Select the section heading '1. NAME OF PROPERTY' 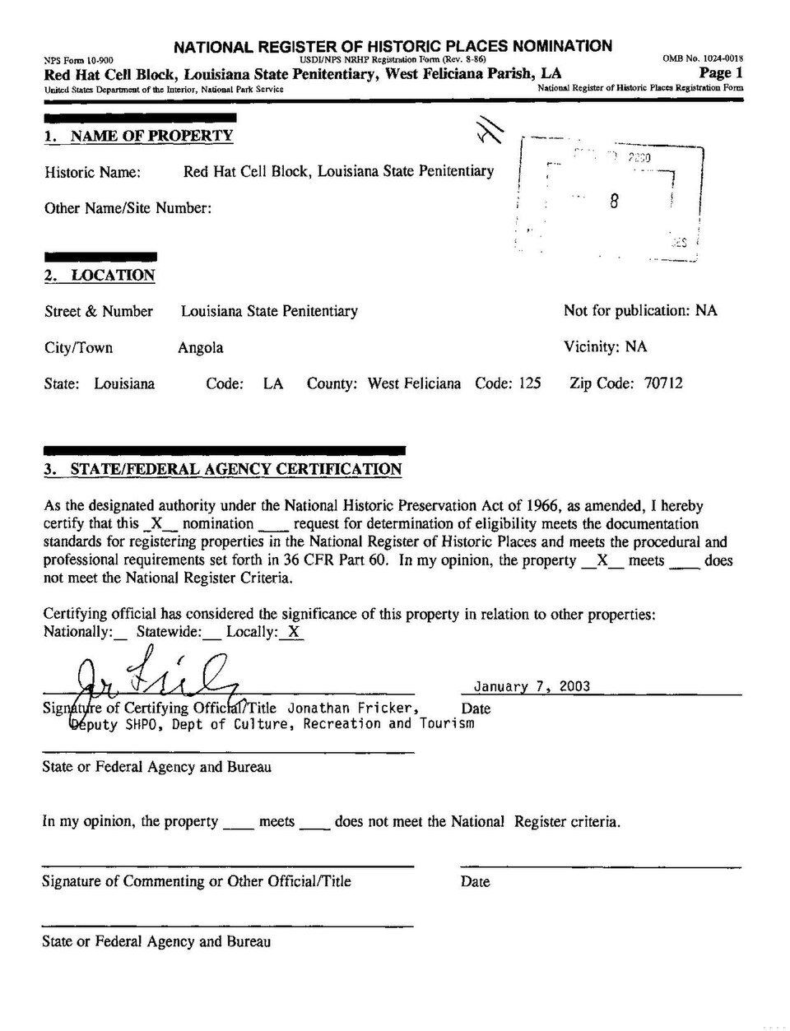point(138,136)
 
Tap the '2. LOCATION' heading point(100,276)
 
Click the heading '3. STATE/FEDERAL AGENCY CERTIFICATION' point(222,470)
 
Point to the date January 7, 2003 point(532,686)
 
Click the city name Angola point(201,347)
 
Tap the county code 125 point(529,383)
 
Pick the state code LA point(273,383)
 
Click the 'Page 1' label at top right point(721,73)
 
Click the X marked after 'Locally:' point(294,632)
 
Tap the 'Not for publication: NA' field point(640,311)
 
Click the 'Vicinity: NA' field point(605,347)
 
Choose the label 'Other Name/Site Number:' point(128,208)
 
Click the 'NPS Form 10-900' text point(79,60)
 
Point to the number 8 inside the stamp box point(614,202)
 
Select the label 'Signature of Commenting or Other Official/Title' point(197,881)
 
